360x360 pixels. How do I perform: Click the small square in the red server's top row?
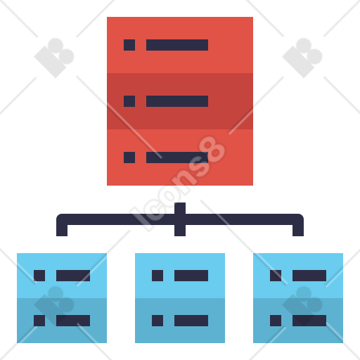coord(129,45)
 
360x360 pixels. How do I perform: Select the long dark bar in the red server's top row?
coord(177,45)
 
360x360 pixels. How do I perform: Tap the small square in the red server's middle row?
coord(129,101)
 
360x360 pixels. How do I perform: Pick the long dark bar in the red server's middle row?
coord(177,101)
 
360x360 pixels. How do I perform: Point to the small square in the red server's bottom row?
coord(129,157)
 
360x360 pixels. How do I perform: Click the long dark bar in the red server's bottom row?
coord(177,157)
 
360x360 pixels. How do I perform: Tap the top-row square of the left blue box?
coord(39,276)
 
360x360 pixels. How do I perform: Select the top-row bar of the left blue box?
coord(73,276)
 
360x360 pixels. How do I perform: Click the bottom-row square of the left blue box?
coord(39,321)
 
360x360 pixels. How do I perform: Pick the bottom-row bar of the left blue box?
coord(73,321)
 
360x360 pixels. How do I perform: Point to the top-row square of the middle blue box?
coord(157,276)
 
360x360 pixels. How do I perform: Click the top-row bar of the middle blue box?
coord(191,276)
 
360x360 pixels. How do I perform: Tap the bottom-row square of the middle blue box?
coord(157,321)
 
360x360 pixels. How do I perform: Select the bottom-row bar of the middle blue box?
coord(191,321)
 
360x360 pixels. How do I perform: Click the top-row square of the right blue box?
coord(276,276)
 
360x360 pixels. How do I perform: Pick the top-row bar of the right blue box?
coord(309,276)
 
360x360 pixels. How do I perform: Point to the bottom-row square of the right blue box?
coord(276,321)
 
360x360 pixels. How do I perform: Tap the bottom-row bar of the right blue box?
coord(309,321)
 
